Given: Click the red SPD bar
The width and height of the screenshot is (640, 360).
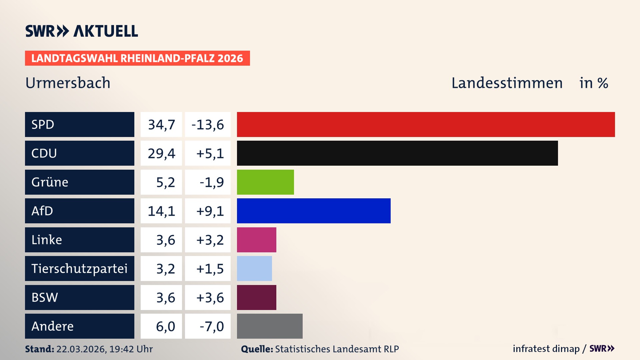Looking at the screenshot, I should pyautogui.click(x=426, y=124).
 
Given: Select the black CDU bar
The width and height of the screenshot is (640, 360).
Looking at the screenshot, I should pyautogui.click(x=397, y=153).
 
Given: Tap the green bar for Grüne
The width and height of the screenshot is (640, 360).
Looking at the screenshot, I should pyautogui.click(x=265, y=182).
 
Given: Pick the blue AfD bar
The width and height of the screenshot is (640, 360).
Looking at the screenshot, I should pyautogui.click(x=313, y=211).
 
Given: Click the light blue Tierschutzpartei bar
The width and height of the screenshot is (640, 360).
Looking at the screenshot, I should pyautogui.click(x=254, y=268).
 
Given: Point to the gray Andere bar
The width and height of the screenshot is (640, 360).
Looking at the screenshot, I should pyautogui.click(x=270, y=326).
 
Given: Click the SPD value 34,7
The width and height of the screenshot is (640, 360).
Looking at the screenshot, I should pyautogui.click(x=161, y=125).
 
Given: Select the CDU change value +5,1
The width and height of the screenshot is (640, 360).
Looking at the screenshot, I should pyautogui.click(x=210, y=153).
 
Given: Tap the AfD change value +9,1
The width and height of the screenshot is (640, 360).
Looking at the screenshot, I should pyautogui.click(x=210, y=211).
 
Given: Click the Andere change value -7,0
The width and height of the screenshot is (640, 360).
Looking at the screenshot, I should pyautogui.click(x=211, y=326).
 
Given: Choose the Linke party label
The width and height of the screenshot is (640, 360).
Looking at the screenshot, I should pyautogui.click(x=47, y=240).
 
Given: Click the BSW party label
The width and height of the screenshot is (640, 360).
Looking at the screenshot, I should pyautogui.click(x=45, y=297).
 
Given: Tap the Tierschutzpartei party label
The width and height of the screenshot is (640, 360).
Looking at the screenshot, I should pyautogui.click(x=79, y=268).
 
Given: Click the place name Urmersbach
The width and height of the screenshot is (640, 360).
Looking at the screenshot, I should pyautogui.click(x=68, y=83).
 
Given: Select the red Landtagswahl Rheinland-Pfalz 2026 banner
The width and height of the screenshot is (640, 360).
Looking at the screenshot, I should pyautogui.click(x=137, y=58).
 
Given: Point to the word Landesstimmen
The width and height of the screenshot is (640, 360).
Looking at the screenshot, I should pyautogui.click(x=507, y=83).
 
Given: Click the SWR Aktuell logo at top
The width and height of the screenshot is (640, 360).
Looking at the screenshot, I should pyautogui.click(x=82, y=31).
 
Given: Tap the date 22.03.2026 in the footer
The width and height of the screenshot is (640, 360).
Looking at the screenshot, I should pyautogui.click(x=81, y=349).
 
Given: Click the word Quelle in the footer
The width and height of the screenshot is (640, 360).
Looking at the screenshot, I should pyautogui.click(x=257, y=349).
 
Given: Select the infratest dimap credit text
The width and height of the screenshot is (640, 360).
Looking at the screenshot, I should pyautogui.click(x=546, y=349).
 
